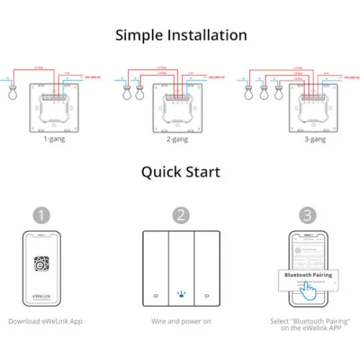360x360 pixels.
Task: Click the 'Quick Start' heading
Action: (180, 172)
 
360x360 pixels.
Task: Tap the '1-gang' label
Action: (53, 138)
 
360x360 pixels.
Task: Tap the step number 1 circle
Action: (42, 215)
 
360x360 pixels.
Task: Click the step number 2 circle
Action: (180, 215)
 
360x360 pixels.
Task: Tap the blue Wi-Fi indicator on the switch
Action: (180, 294)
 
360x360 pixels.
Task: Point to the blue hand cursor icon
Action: (310, 289)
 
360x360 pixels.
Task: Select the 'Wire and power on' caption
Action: (180, 320)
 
